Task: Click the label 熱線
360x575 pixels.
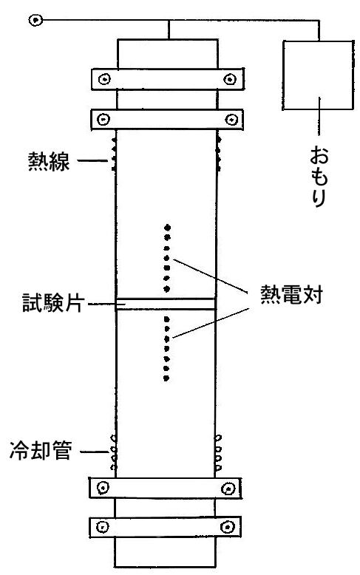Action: [x=49, y=161]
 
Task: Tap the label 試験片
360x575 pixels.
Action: [x=53, y=302]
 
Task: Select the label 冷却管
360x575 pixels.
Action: [x=41, y=450]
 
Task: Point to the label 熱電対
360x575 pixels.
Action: [x=291, y=294]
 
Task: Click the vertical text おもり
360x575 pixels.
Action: [x=319, y=176]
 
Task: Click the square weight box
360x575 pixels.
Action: [x=318, y=75]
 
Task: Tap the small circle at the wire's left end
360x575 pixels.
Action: [x=35, y=20]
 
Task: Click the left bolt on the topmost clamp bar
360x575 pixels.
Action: [x=105, y=79]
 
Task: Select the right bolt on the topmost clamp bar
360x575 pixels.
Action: [x=230, y=79]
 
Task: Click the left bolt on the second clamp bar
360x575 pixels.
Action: [x=103, y=119]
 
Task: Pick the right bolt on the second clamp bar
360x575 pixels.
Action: [x=231, y=119]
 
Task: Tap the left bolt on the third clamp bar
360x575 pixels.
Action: [x=103, y=487]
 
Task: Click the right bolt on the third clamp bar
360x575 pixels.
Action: [x=228, y=489]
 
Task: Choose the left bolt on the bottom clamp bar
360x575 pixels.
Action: [x=102, y=527]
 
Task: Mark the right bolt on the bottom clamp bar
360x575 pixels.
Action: [x=228, y=527]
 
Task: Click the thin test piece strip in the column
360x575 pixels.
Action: [x=166, y=304]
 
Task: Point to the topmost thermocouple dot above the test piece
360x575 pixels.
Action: [x=168, y=228]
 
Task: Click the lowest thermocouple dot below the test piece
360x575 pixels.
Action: [x=166, y=378]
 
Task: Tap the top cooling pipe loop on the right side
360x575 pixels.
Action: [x=218, y=438]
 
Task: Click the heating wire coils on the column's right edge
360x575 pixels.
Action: [x=219, y=153]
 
